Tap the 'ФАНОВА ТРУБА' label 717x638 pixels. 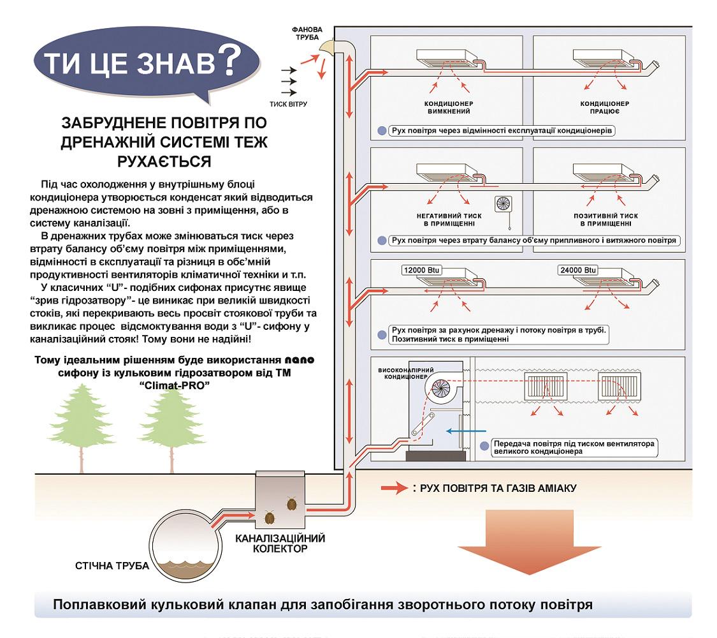[x=307, y=34]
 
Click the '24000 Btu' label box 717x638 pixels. [x=574, y=270]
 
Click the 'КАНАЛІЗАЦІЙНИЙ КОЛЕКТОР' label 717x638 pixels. [x=280, y=542]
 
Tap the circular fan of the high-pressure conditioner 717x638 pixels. [x=440, y=386]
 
